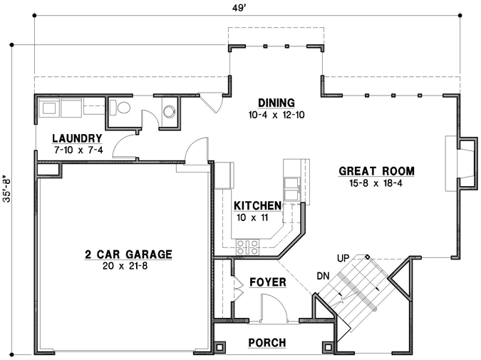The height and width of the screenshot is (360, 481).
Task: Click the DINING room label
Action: point(276,102)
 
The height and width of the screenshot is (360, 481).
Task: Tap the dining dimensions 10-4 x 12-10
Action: point(276,114)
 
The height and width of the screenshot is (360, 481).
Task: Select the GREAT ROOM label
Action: point(376,171)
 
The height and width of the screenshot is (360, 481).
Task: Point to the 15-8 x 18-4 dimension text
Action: point(376,183)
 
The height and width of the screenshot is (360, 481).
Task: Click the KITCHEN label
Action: point(257,205)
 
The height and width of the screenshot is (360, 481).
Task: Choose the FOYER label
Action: point(268,282)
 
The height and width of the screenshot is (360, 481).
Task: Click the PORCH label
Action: point(267,343)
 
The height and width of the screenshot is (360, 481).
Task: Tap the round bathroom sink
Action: point(170,112)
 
